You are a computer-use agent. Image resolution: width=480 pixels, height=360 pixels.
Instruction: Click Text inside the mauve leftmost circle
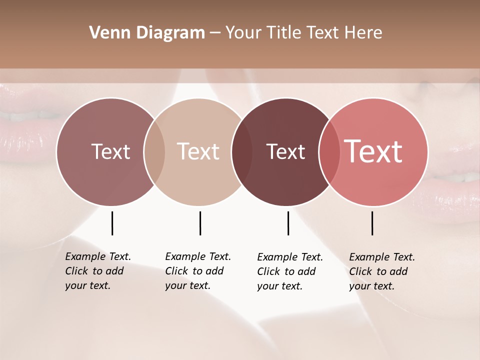click(x=110, y=151)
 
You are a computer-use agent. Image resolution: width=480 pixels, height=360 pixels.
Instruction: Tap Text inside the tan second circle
click(x=198, y=151)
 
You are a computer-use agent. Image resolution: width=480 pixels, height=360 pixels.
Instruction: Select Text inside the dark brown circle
click(x=286, y=151)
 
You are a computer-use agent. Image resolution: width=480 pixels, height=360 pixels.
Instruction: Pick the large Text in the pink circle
click(x=373, y=151)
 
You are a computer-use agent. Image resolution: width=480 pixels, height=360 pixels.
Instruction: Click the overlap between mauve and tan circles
click(x=154, y=152)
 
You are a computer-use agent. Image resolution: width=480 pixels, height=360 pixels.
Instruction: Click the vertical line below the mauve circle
click(x=112, y=223)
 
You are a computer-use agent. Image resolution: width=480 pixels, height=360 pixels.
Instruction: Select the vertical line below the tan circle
click(x=200, y=223)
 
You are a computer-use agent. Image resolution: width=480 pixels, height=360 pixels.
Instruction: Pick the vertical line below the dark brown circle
click(x=288, y=223)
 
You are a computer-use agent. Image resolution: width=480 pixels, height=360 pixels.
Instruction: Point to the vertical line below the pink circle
click(x=372, y=223)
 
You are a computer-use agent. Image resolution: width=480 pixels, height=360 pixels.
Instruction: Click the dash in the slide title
click(x=215, y=33)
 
